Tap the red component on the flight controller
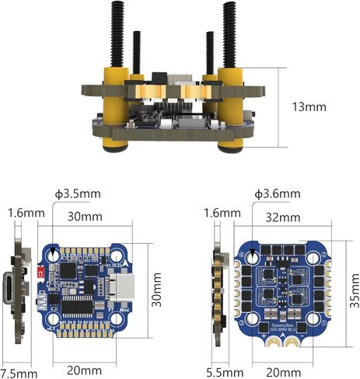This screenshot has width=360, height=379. pyautogui.click(x=39, y=272)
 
